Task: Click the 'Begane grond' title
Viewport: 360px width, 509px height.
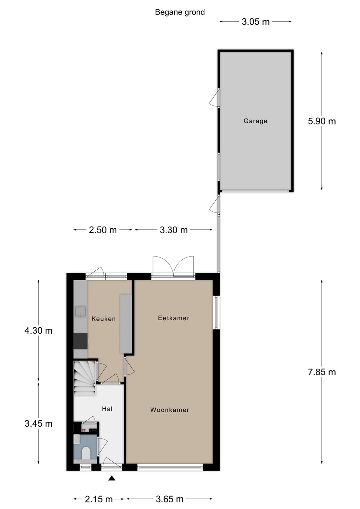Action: click(180, 12)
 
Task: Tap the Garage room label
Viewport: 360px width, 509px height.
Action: click(255, 121)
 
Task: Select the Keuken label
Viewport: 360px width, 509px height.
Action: click(103, 319)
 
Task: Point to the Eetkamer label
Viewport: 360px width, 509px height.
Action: click(174, 318)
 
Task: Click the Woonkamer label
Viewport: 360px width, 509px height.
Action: click(169, 410)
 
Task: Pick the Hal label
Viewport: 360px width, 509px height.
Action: click(107, 409)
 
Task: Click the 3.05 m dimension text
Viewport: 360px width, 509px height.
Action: click(255, 22)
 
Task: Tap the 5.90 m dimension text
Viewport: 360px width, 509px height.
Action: click(322, 121)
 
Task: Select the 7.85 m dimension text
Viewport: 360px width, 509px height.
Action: click(322, 372)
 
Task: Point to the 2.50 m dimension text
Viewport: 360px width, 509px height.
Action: click(103, 230)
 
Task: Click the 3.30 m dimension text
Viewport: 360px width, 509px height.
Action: click(174, 230)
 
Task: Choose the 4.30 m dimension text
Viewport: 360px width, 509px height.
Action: click(39, 330)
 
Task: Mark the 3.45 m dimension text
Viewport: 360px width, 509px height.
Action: click(39, 424)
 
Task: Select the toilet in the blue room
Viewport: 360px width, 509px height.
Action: click(86, 453)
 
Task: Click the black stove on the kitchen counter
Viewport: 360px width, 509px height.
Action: click(81, 341)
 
